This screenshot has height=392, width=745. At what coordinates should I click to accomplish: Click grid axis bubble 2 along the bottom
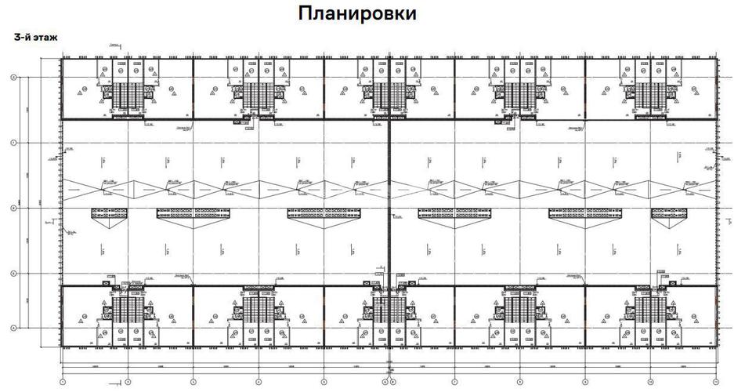tap(127, 382)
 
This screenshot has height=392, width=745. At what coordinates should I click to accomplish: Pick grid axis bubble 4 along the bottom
tap(258, 382)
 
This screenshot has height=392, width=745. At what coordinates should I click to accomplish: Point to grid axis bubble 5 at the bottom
tap(324, 382)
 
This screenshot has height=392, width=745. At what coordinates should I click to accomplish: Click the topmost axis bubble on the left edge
tap(13, 77)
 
